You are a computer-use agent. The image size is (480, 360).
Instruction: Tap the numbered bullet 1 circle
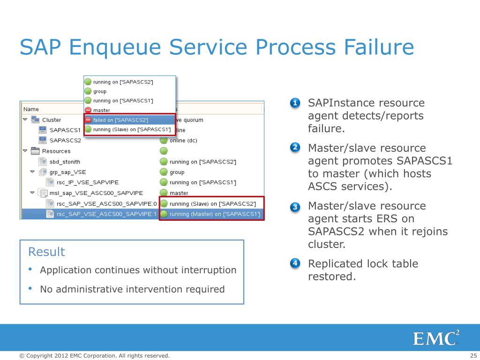click(295, 103)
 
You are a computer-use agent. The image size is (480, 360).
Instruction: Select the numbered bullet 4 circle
click(295, 263)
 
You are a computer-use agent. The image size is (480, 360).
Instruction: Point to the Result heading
click(46, 252)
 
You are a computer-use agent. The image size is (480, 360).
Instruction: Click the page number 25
click(473, 356)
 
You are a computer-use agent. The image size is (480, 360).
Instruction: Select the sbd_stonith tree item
click(65, 162)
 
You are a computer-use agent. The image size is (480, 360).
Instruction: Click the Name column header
click(31, 109)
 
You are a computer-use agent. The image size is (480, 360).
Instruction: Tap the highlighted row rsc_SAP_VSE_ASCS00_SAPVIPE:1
click(106, 214)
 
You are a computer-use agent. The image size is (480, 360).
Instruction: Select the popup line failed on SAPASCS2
click(120, 120)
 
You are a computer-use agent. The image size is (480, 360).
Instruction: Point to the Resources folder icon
click(35, 151)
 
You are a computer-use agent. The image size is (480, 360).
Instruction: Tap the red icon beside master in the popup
click(88, 110)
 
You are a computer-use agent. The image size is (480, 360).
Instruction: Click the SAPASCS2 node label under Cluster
click(65, 140)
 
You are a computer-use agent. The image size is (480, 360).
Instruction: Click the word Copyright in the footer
click(39, 356)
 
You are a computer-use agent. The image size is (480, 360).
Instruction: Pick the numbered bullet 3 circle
click(295, 207)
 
